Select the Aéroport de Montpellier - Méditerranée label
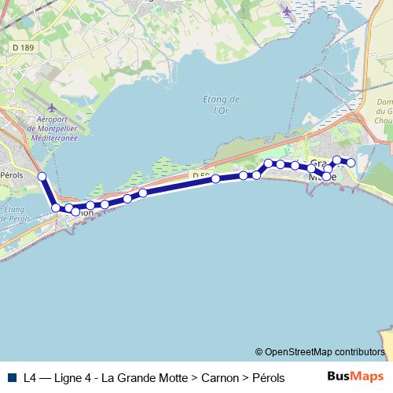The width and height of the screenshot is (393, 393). tap(52, 128)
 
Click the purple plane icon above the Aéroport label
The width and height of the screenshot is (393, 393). tap(52, 108)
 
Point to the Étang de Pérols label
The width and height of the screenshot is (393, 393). tap(16, 214)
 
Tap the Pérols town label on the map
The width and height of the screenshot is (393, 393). tap(13, 175)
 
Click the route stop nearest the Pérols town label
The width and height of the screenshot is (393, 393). tap(42, 177)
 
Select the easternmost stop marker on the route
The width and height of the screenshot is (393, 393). tap(351, 163)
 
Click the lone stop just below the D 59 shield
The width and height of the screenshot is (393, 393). tap(215, 180)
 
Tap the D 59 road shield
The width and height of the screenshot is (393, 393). tap(200, 174)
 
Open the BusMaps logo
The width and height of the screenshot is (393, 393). tap(356, 376)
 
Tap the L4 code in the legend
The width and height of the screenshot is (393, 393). tap(30, 377)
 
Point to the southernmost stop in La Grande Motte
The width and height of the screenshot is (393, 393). tap(326, 177)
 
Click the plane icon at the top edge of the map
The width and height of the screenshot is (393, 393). tap(287, 11)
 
